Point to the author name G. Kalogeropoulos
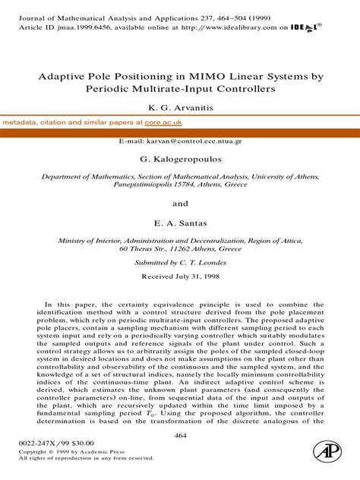coord(180,159)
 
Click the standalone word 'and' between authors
coord(180,204)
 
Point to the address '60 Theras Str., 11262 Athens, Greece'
coord(180,248)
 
